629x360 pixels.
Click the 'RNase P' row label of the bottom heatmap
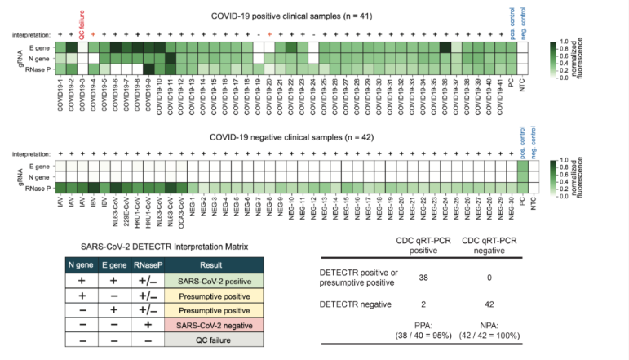(x=38, y=188)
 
